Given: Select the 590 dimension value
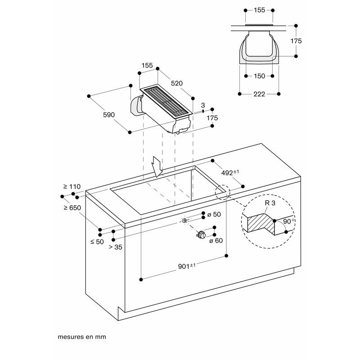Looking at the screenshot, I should tap(109, 115).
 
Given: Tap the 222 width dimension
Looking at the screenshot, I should tap(259, 94).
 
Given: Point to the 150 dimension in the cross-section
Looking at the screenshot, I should tap(260, 76).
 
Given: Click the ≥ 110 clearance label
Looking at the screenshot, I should tap(72, 186).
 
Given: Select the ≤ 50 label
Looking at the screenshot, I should tap(97, 242).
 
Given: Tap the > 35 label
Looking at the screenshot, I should tap(115, 247).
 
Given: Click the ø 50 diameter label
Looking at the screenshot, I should tap(214, 214).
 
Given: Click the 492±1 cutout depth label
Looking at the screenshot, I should tap(230, 172).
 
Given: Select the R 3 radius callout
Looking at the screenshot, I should tap(270, 203).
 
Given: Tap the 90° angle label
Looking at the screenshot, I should tap(289, 222).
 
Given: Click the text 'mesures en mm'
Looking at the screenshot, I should tap(81, 336).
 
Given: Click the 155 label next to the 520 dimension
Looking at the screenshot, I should tap(147, 65).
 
